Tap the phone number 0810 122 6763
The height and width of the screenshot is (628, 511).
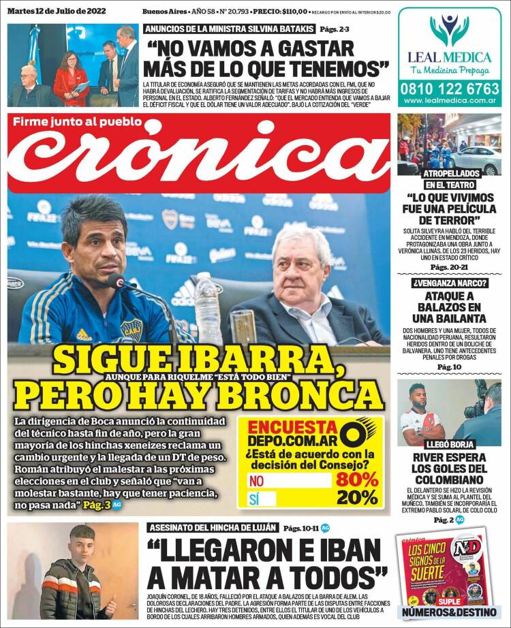click(x=450, y=88)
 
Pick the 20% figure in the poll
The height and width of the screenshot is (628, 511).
click(x=356, y=498)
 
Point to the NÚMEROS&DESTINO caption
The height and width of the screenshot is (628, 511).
click(x=450, y=611)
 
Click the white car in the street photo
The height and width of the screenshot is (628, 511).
click(x=477, y=159)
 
